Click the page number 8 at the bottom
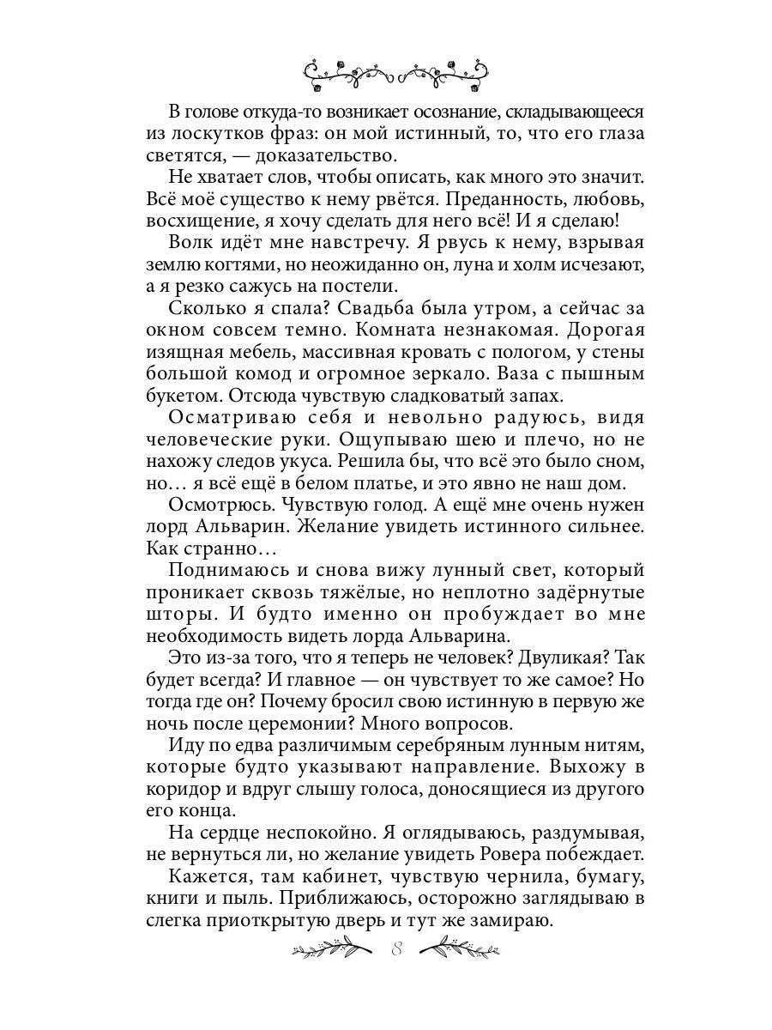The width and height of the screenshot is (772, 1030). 395,949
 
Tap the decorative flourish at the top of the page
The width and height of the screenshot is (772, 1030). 397,74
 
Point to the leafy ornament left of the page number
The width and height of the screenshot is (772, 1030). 334,949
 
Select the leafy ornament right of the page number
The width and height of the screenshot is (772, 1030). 462,949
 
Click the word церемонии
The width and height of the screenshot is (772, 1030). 305,724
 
